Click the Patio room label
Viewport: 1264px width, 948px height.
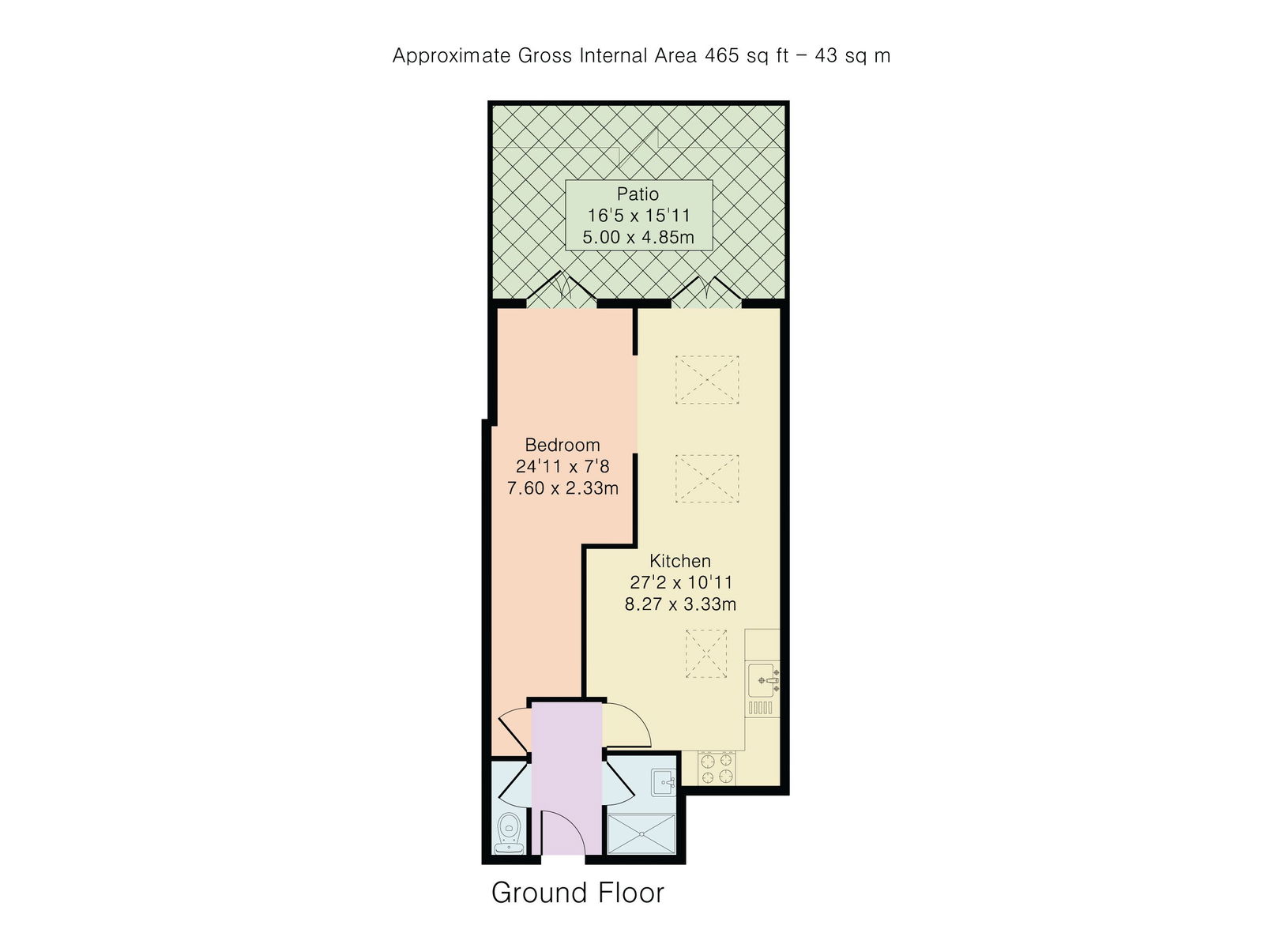point(638,194)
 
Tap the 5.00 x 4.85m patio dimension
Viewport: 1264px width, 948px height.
point(638,236)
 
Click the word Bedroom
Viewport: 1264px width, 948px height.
point(562,445)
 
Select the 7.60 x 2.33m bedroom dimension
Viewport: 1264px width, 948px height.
point(562,488)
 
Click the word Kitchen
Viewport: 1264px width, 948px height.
point(680,561)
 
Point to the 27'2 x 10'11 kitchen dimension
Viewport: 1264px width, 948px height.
point(680,583)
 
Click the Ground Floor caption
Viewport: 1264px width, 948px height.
point(577,893)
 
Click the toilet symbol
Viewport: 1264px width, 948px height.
point(508,832)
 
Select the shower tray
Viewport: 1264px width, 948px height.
point(641,833)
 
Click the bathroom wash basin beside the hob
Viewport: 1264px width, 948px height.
point(663,783)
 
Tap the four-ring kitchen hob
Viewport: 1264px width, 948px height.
point(717,768)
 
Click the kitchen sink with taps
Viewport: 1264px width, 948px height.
point(764,680)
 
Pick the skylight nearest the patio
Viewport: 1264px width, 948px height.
point(707,380)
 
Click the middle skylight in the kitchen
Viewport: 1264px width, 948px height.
point(707,479)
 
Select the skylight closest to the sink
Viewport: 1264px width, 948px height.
point(705,653)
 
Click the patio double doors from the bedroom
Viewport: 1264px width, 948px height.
point(562,290)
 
